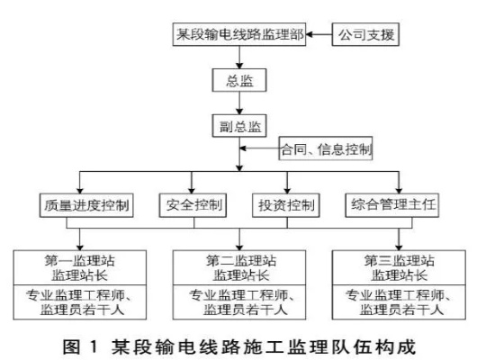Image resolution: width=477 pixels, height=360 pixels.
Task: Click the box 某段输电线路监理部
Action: [238, 37]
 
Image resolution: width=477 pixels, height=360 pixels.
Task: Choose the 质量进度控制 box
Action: [86, 205]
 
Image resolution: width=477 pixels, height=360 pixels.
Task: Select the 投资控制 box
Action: [286, 205]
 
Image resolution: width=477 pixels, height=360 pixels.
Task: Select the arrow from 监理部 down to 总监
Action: [238, 59]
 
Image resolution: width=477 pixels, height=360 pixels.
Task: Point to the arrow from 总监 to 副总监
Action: [238, 103]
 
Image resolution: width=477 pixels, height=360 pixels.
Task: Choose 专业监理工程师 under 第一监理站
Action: [79, 294]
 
